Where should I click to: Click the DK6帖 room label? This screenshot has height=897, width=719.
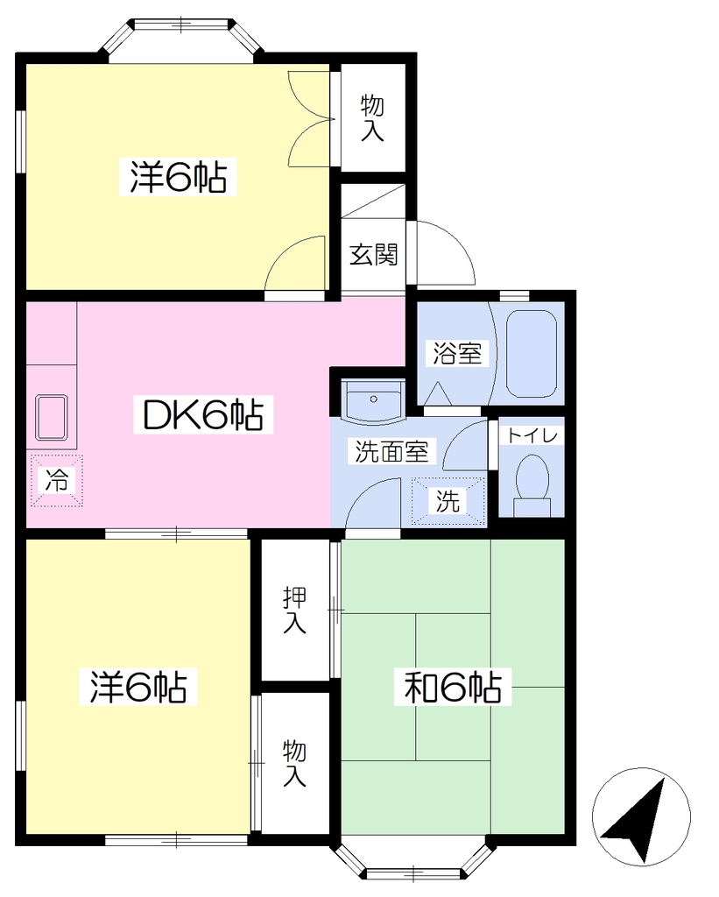[x=203, y=414]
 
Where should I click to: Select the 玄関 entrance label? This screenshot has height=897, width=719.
[x=374, y=255]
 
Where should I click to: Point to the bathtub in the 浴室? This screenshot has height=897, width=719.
[x=532, y=353]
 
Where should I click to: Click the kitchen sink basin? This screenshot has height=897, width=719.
[x=52, y=417]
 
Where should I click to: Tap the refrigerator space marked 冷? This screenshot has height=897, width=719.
[x=57, y=481]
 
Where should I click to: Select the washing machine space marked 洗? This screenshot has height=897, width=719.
[x=448, y=501]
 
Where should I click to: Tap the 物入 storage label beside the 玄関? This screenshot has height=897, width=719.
[x=372, y=118]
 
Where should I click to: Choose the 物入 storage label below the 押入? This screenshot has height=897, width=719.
[x=294, y=763]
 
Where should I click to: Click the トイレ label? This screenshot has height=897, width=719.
[x=532, y=436]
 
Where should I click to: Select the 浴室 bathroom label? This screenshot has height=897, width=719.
[x=457, y=353]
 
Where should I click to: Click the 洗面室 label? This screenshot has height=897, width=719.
[x=391, y=451]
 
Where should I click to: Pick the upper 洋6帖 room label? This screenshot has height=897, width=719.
[x=178, y=177]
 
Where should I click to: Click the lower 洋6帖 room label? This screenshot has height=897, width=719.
[x=137, y=686]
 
